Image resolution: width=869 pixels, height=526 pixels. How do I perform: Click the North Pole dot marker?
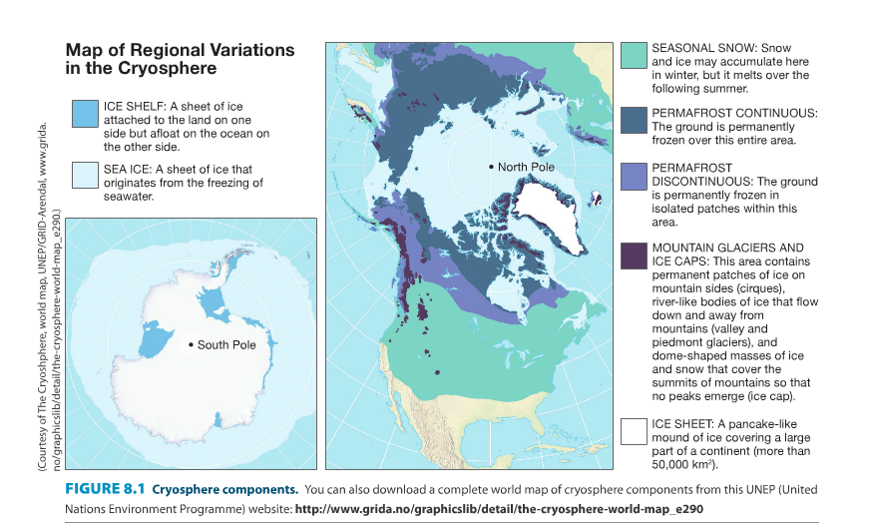tap(491, 166)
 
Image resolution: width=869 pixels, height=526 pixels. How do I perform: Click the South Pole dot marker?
tap(191, 344)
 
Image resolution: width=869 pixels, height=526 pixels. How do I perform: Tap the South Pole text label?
tap(226, 345)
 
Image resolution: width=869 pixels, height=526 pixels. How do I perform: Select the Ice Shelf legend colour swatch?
tap(86, 114)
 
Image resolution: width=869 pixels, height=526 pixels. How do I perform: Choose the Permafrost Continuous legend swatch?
tap(634, 120)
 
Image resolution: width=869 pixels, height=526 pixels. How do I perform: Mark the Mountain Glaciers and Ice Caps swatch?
tap(634, 256)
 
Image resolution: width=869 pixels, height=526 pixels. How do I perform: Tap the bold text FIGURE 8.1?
tap(105, 489)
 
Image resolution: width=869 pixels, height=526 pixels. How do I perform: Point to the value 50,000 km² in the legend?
tap(688, 464)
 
